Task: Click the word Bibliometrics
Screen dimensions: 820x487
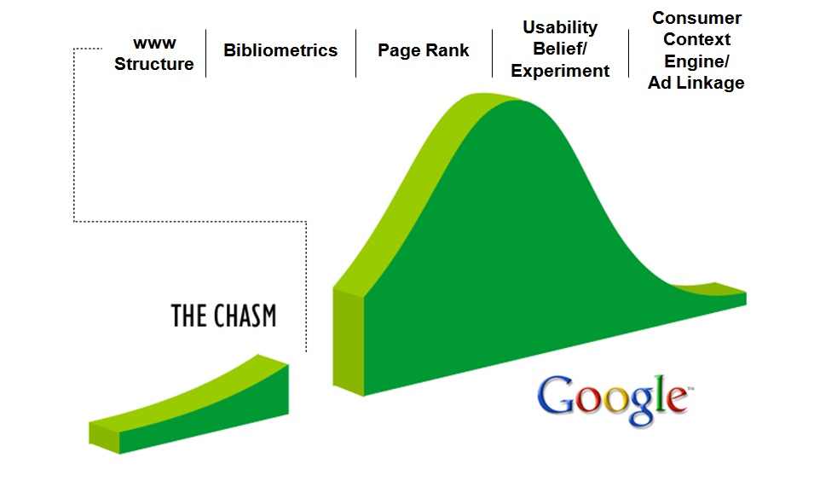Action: [280, 50]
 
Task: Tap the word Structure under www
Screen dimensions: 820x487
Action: [153, 64]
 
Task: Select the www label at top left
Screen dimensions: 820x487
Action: [154, 43]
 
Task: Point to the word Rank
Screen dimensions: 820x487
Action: [448, 50]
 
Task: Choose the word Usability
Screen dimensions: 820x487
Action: [560, 28]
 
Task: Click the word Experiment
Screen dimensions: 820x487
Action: [560, 71]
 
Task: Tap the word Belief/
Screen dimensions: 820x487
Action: [559, 49]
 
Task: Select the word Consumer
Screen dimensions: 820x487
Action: [696, 18]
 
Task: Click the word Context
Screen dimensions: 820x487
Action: [696, 39]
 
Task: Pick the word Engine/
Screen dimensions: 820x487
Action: [696, 61]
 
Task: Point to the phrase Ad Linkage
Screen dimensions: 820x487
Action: [696, 83]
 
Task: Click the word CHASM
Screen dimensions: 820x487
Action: [245, 316]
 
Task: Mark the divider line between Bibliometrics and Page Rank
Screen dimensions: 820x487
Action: [355, 54]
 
